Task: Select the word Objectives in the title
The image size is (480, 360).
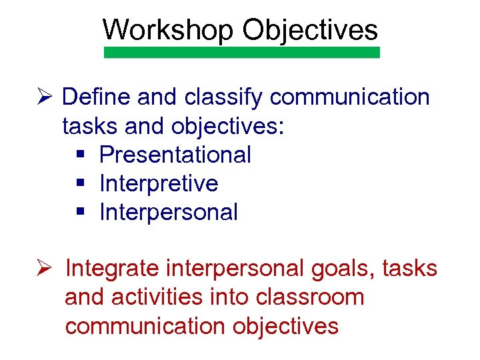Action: (x=310, y=30)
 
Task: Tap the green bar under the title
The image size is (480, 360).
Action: (x=242, y=53)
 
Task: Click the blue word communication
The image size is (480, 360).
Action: (x=350, y=97)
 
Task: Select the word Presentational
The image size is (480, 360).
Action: (x=175, y=155)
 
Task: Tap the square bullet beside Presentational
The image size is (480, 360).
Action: (x=80, y=155)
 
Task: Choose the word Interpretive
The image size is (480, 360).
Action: (x=159, y=183)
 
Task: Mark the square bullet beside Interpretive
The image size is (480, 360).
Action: (x=80, y=183)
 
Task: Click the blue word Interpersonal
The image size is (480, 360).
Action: (x=168, y=213)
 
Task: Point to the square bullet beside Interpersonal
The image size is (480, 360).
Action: (x=80, y=213)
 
